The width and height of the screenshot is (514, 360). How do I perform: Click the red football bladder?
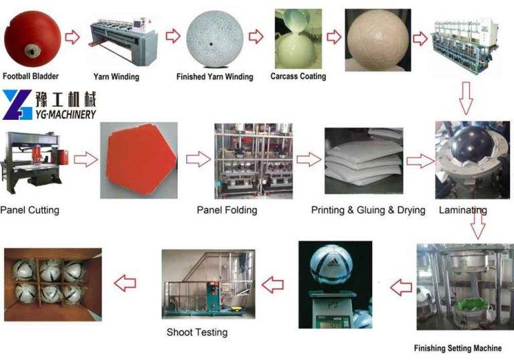point(32,38)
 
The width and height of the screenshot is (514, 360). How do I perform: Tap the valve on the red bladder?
point(32,52)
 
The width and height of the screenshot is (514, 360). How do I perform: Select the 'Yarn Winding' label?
point(116,77)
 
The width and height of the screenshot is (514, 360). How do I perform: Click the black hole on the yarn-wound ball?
point(211,44)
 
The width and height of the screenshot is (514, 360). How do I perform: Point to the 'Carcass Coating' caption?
point(298,76)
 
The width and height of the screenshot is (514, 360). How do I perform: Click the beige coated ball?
point(379,39)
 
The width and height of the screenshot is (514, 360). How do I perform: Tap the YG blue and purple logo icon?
point(17,104)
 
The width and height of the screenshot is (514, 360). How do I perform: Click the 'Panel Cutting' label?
point(30,210)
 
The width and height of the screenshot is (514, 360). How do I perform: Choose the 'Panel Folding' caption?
point(227,210)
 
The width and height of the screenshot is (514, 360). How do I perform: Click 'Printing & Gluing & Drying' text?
point(368,210)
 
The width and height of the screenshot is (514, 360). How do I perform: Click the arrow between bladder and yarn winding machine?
point(72,37)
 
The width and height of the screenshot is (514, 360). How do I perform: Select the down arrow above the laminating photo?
point(466,98)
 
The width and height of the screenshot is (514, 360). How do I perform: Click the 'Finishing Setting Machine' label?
point(458,348)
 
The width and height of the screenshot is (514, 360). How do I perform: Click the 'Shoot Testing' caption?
point(197,332)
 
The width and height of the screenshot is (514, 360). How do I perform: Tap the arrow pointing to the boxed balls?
point(125,283)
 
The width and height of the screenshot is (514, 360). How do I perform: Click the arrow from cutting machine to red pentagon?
point(86,160)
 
